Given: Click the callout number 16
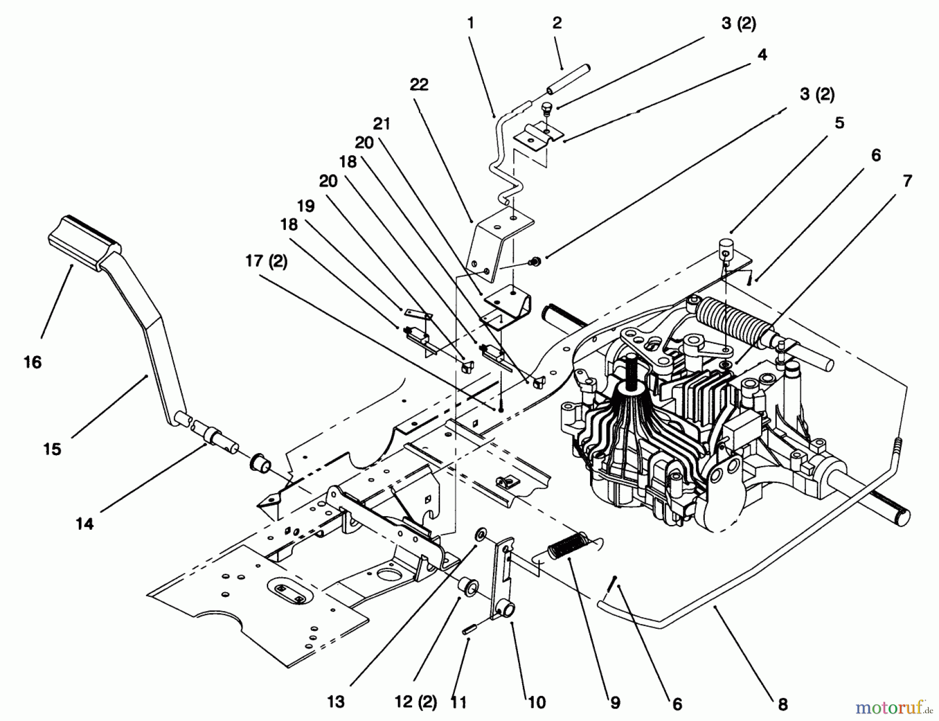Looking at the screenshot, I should click(33, 362).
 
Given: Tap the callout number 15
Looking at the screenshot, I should click(52, 449).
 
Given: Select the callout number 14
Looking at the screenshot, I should click(85, 523).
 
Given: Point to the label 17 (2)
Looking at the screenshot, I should click(267, 261).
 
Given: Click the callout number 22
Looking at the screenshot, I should click(419, 84).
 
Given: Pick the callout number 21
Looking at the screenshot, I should click(381, 124).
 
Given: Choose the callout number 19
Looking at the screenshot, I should click(306, 205).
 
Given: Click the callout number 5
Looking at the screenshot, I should click(839, 123).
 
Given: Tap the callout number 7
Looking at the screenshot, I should click(907, 181).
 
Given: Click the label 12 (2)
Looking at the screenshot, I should click(416, 702).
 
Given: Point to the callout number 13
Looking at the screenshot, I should click(336, 702).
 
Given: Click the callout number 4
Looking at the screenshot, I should click(762, 54).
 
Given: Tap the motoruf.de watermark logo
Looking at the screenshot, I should click(894, 707).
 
